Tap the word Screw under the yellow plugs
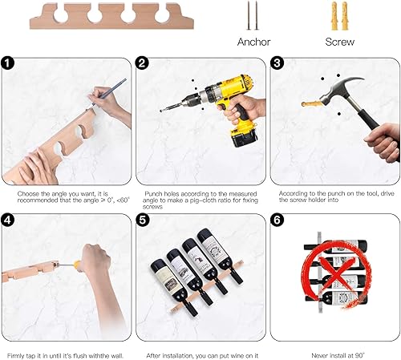click(x=339, y=41)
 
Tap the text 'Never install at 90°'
click(x=335, y=354)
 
